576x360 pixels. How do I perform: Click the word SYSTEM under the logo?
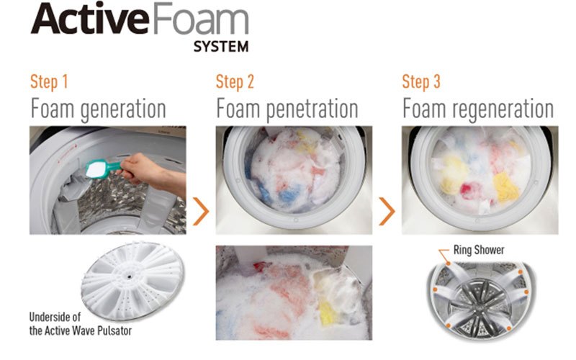[x=221, y=47]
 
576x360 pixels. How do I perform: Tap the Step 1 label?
[x=49, y=81]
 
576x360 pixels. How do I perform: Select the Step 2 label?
[x=235, y=81]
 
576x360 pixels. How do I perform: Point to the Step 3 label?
[x=421, y=81]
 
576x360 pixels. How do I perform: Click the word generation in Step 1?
[x=123, y=109]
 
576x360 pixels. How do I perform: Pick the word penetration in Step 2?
[x=312, y=109]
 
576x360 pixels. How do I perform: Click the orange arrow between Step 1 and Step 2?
[x=201, y=211]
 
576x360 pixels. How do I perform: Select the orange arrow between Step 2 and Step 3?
[x=387, y=211]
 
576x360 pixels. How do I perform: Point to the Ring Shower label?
[x=479, y=250]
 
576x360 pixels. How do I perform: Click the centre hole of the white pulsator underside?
[x=130, y=276]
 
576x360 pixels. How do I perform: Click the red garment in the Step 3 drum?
[x=467, y=192]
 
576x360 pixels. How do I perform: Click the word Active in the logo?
[x=89, y=19]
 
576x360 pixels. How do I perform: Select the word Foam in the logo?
[x=200, y=19]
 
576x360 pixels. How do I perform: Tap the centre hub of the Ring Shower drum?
[x=478, y=305]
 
